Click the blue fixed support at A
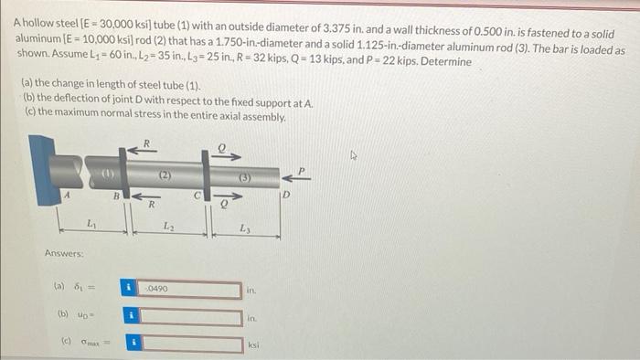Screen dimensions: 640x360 coord(45,169)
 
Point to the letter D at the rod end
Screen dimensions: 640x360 coord(286,195)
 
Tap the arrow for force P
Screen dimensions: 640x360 coord(296,178)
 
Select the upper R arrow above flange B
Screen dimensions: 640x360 coord(142,151)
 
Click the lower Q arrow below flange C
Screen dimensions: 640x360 coord(228,196)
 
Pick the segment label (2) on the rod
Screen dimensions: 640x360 coord(165,175)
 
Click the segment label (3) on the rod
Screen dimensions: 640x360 coord(244,177)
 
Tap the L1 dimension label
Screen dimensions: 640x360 coord(91,224)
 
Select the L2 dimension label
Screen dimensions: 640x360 coord(168,226)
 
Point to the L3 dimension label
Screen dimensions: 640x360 coord(245,228)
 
